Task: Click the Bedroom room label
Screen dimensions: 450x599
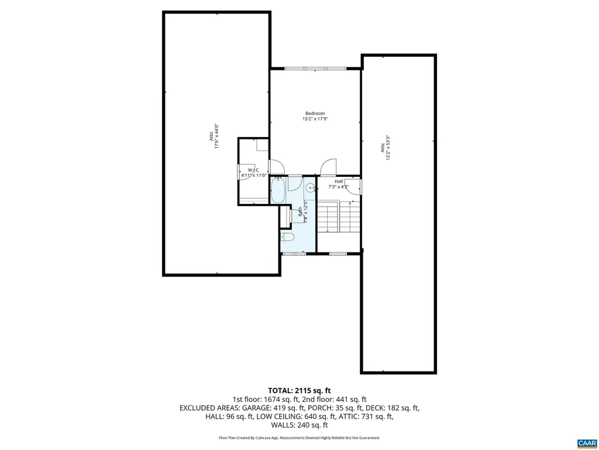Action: pos(315,113)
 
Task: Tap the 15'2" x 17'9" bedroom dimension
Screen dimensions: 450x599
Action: pos(315,119)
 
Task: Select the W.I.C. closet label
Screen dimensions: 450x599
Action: pos(254,170)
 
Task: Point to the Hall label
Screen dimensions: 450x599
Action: pos(339,182)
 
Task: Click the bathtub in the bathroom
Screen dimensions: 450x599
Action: pos(277,190)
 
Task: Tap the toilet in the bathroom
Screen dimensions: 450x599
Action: pos(287,237)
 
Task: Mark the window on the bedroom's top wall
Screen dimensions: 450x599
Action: pos(315,69)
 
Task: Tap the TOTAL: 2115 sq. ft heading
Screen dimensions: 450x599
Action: pos(299,390)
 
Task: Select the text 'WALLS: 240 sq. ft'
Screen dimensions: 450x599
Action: pos(299,425)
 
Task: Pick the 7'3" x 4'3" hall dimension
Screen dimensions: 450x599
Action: pos(339,187)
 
